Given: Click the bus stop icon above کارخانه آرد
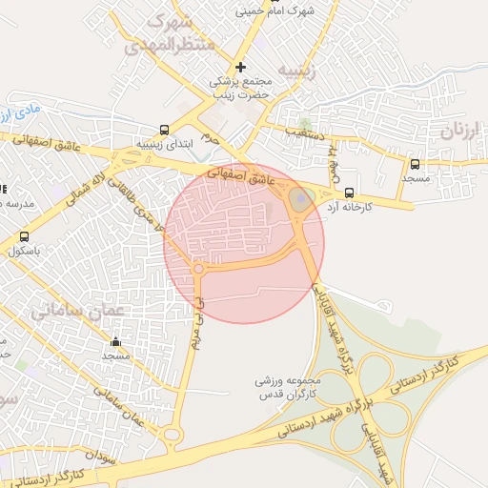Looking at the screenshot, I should (x=350, y=192).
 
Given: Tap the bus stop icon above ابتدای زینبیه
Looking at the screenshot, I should (x=164, y=131).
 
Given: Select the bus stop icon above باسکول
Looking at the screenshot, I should (x=24, y=236).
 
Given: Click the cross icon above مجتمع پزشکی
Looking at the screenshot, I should (x=240, y=67).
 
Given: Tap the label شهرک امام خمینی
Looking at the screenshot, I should (x=276, y=11).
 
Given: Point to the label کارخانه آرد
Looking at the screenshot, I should (x=376, y=207).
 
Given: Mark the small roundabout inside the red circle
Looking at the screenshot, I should (x=198, y=270).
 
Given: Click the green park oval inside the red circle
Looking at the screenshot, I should (x=299, y=200).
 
